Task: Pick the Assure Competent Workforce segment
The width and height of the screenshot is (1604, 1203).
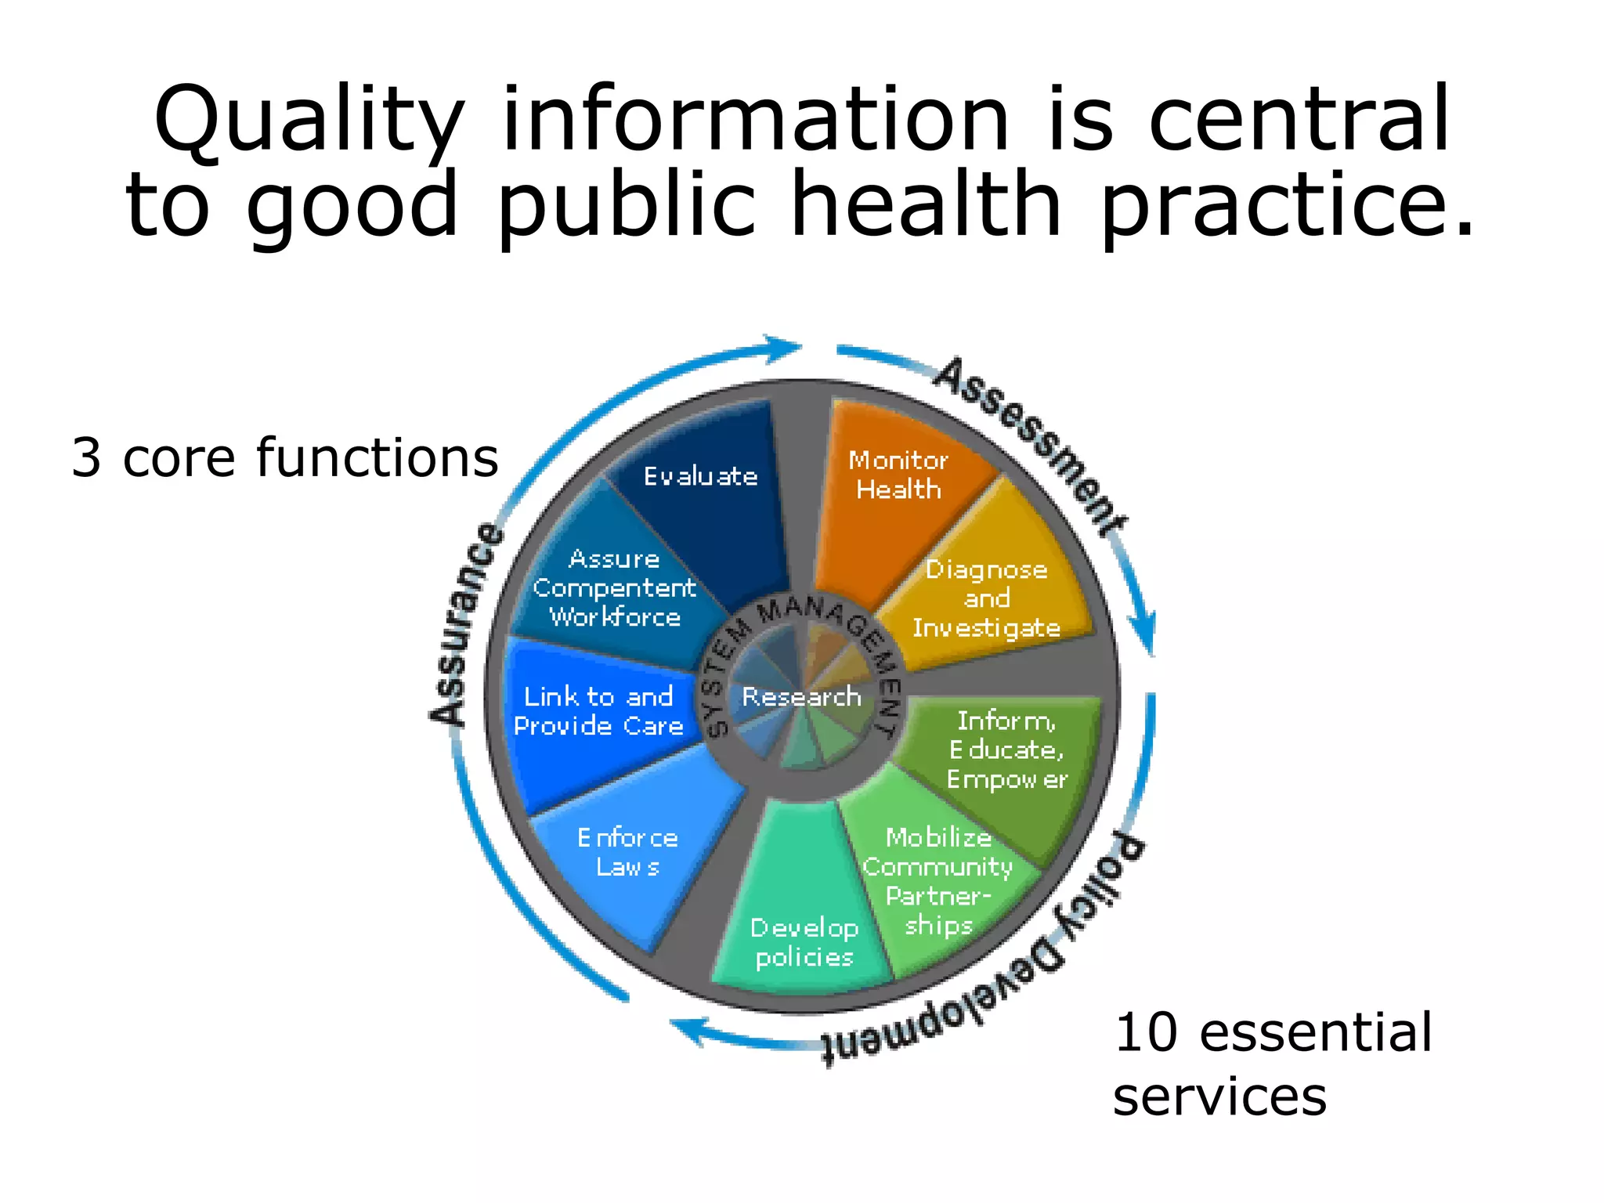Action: pos(615,587)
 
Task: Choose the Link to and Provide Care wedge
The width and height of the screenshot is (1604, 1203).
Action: pos(599,711)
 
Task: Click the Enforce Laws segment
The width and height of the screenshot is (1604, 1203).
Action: pos(627,854)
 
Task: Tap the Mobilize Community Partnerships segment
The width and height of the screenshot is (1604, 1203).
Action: pos(938,881)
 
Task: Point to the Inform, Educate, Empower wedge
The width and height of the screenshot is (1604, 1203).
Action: pos(1006,750)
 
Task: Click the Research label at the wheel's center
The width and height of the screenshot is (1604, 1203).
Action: pos(801,696)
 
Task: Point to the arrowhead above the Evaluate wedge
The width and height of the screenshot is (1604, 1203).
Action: pos(783,348)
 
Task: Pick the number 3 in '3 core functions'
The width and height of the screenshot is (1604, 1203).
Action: pos(86,457)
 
